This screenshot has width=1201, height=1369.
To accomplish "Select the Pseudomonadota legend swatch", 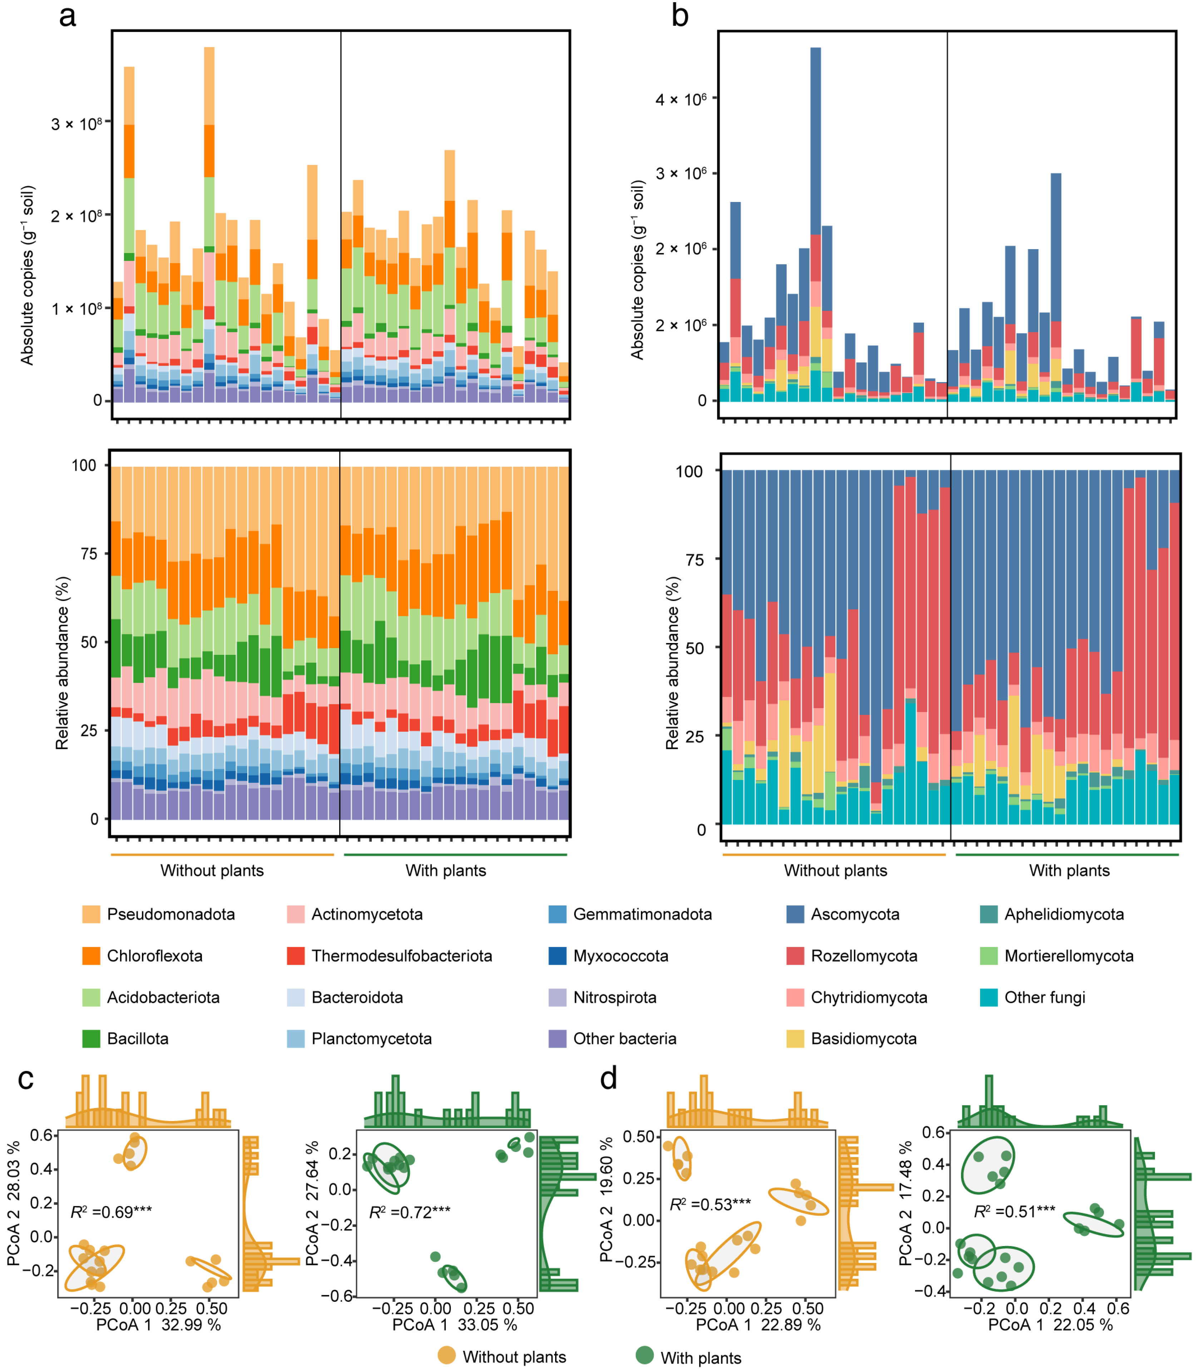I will tap(91, 914).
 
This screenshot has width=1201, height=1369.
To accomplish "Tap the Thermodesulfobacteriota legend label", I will tap(401, 956).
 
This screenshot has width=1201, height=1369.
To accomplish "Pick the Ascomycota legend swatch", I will tap(795, 914).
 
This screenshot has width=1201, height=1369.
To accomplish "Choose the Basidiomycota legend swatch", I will tap(795, 1039).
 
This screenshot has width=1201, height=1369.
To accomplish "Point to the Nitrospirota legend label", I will tap(614, 997).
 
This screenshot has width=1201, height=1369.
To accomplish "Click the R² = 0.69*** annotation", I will tap(111, 1212).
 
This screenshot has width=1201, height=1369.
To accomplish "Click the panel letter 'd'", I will tap(608, 1079).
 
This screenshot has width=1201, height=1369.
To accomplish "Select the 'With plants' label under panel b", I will tap(1069, 871).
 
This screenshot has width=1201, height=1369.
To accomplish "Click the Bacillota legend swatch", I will tap(91, 1039).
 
